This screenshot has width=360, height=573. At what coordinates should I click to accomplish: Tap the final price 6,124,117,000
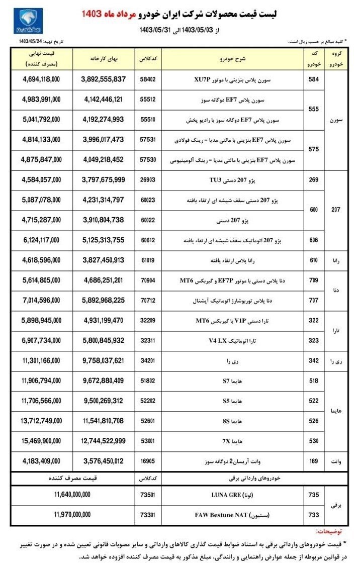[42, 241]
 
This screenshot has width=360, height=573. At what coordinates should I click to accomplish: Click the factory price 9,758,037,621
[103, 361]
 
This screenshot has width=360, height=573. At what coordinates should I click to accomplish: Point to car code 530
[314, 441]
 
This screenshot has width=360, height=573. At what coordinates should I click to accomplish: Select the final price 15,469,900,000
[42, 441]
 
